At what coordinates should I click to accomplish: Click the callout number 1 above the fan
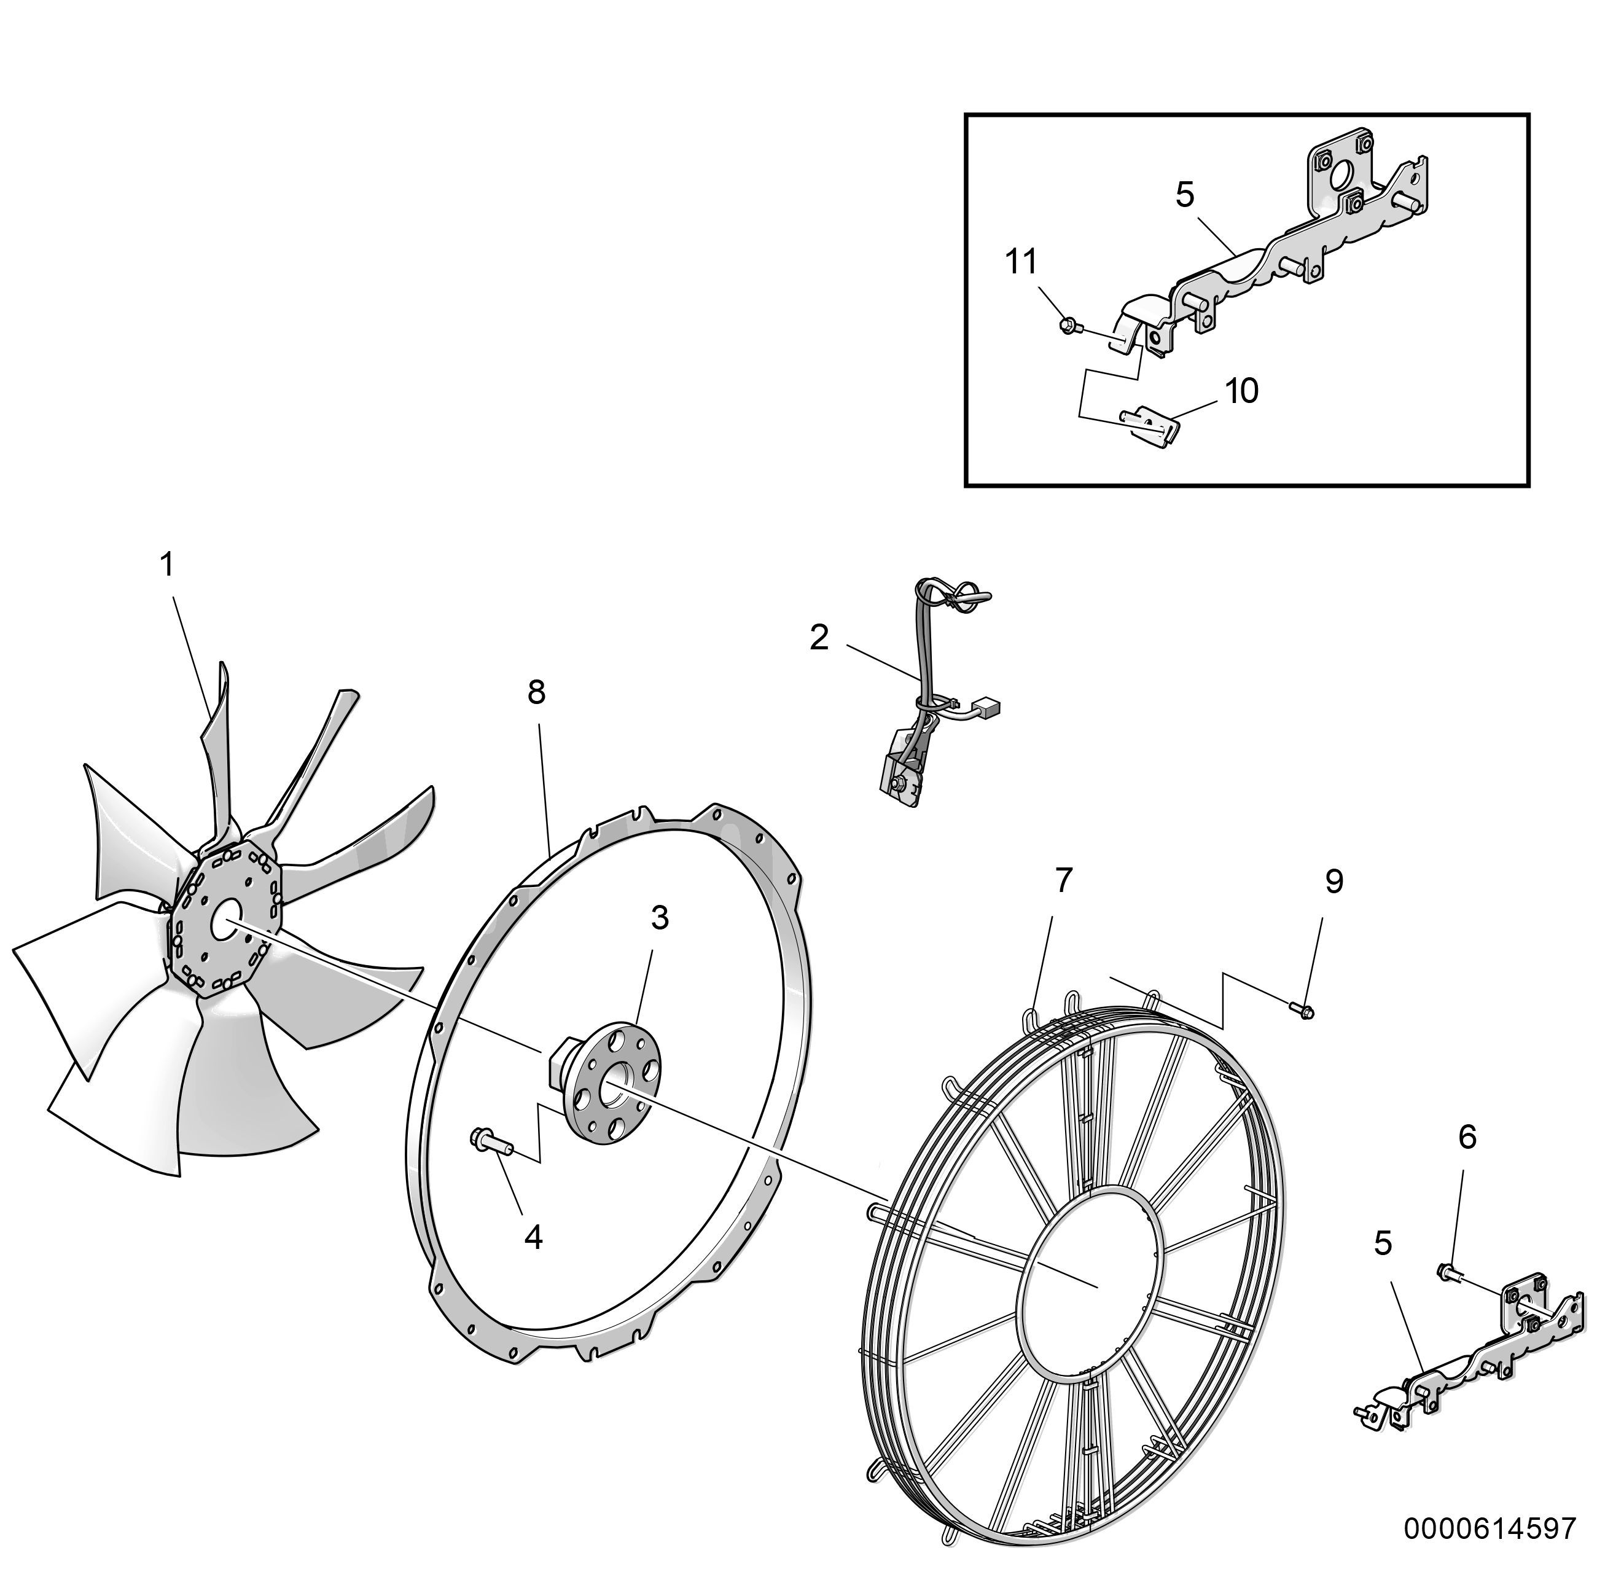click(x=167, y=565)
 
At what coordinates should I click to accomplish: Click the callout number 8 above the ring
click(x=536, y=692)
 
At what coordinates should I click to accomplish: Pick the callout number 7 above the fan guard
click(x=1064, y=881)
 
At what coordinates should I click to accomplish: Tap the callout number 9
click(x=1334, y=882)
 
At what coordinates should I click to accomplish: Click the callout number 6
click(x=1467, y=1137)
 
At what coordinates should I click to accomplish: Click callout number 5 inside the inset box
click(x=1185, y=195)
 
